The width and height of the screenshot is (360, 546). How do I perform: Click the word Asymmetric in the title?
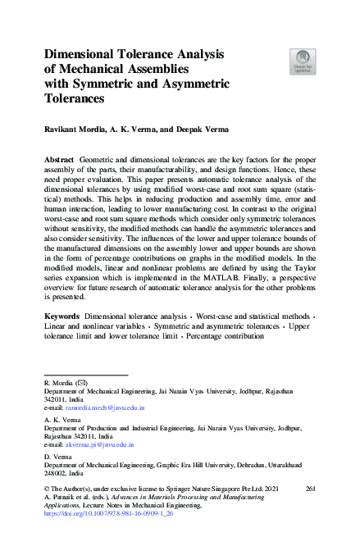point(191,84)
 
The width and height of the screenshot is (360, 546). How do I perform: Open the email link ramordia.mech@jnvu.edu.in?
point(105,407)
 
